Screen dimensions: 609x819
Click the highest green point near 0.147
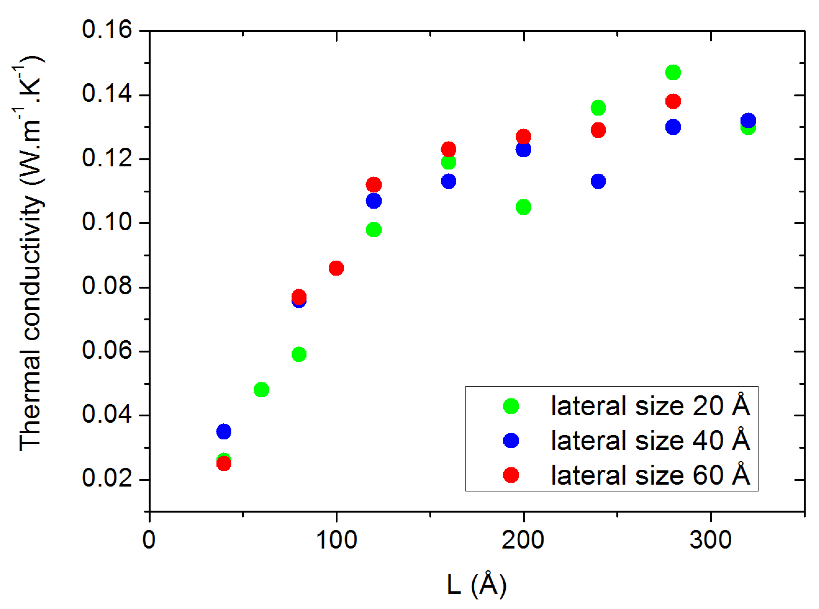[673, 72]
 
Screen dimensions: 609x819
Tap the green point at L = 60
[261, 390]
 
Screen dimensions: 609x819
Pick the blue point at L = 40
[224, 431]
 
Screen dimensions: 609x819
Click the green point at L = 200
[523, 207]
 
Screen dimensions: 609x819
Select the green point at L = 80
[299, 354]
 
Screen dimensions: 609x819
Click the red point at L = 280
[673, 101]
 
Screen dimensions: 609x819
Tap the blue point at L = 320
[748, 120]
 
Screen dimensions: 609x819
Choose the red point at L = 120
[374, 184]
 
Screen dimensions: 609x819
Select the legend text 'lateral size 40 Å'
[650, 441]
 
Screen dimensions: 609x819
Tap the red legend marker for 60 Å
[511, 475]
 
